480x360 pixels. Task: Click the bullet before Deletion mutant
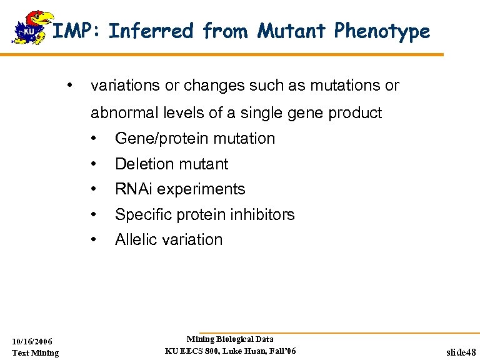coord(93,164)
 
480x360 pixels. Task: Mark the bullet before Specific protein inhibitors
coord(93,214)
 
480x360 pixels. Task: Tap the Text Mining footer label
coord(36,353)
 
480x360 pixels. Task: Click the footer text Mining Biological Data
coord(230,339)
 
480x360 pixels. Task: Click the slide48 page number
coord(461,352)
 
